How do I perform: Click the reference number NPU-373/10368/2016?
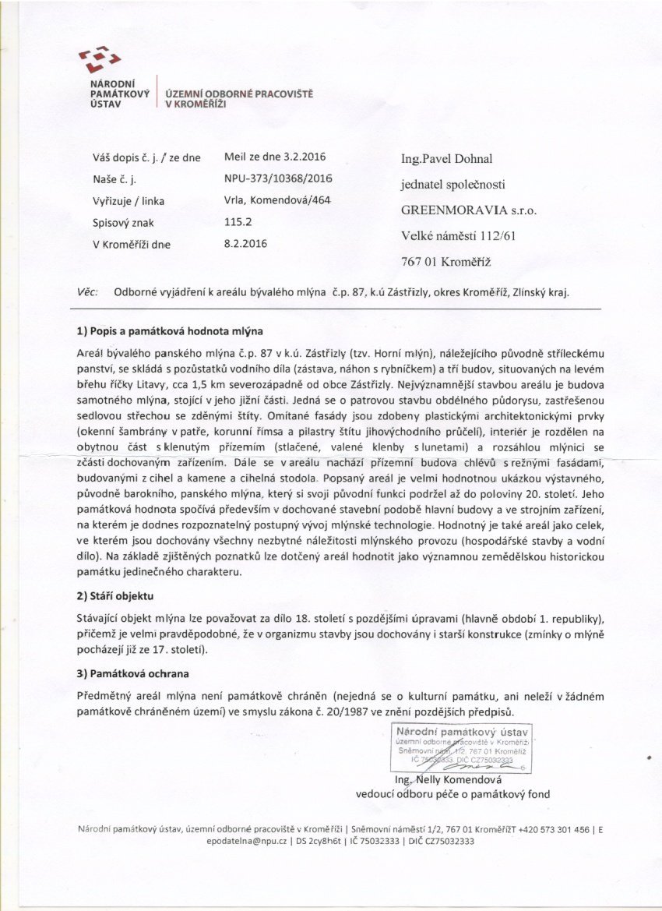278,178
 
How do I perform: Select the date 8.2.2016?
245,243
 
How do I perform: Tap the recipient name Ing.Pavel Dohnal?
448,159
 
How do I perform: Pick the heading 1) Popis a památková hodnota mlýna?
171,331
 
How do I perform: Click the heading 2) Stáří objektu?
116,596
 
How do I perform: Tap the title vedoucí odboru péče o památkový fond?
452,794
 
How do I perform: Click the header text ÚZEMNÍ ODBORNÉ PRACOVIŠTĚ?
238,93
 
